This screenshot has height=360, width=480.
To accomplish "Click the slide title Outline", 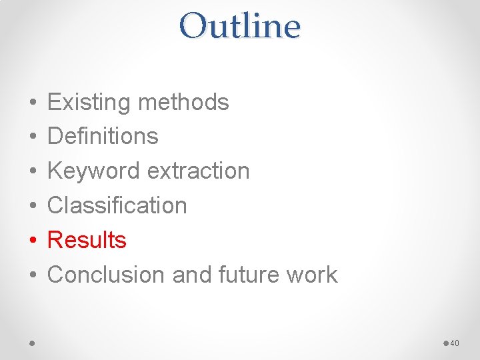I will (x=239, y=27).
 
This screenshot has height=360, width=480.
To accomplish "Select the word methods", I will (x=183, y=103).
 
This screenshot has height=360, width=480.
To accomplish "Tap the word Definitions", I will (x=103, y=137).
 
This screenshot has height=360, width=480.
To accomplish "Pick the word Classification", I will (x=117, y=205).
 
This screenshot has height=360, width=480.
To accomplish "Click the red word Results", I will (x=87, y=240).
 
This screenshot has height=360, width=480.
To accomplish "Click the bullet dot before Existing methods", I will (x=33, y=103).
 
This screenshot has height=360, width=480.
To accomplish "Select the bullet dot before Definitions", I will (x=33, y=137).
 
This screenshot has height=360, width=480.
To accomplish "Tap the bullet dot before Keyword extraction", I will (x=33, y=172).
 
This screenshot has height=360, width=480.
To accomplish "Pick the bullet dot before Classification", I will (x=33, y=206).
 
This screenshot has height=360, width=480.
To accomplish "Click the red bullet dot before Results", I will (x=33, y=241).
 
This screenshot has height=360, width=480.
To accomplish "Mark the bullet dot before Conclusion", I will (x=33, y=275).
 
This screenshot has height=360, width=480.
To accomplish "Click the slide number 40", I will (x=455, y=343).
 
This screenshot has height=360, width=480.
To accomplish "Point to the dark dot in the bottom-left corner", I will (x=33, y=343).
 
